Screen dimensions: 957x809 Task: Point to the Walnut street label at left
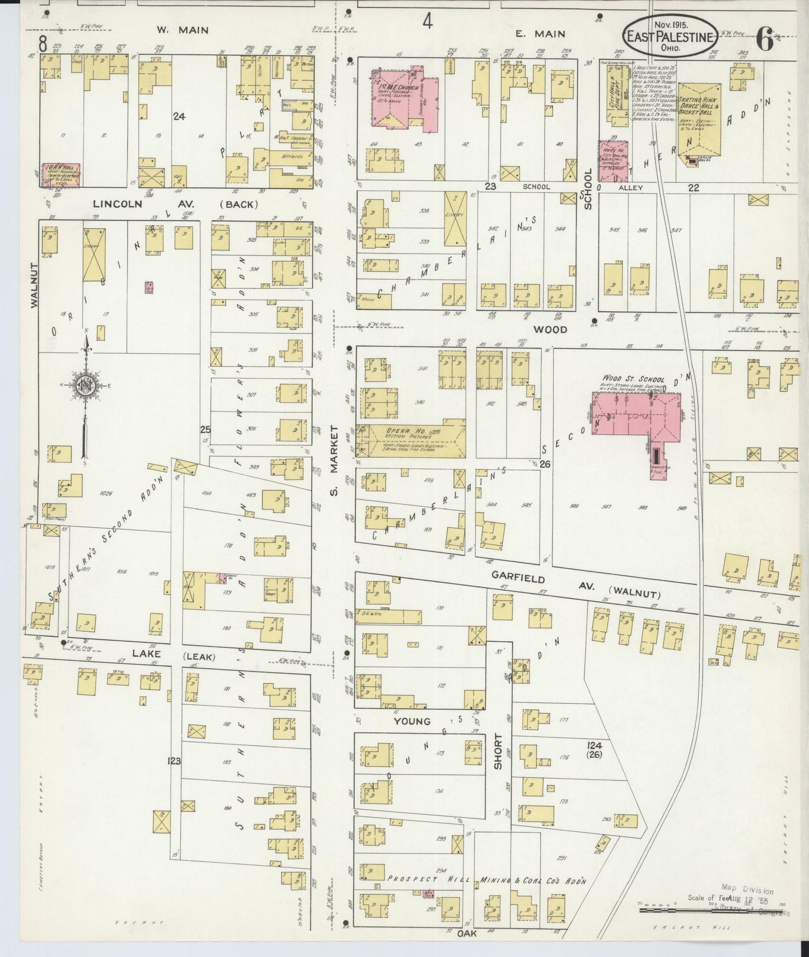coord(33,285)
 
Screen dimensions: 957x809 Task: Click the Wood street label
coord(550,330)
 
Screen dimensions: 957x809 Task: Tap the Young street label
coord(411,721)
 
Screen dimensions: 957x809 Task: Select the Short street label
coord(498,751)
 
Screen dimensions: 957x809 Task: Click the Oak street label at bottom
coord(468,933)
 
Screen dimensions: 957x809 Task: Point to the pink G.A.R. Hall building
coord(61,174)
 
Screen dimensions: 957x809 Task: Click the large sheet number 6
coord(764,41)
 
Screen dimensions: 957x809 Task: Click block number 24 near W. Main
coord(179,116)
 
